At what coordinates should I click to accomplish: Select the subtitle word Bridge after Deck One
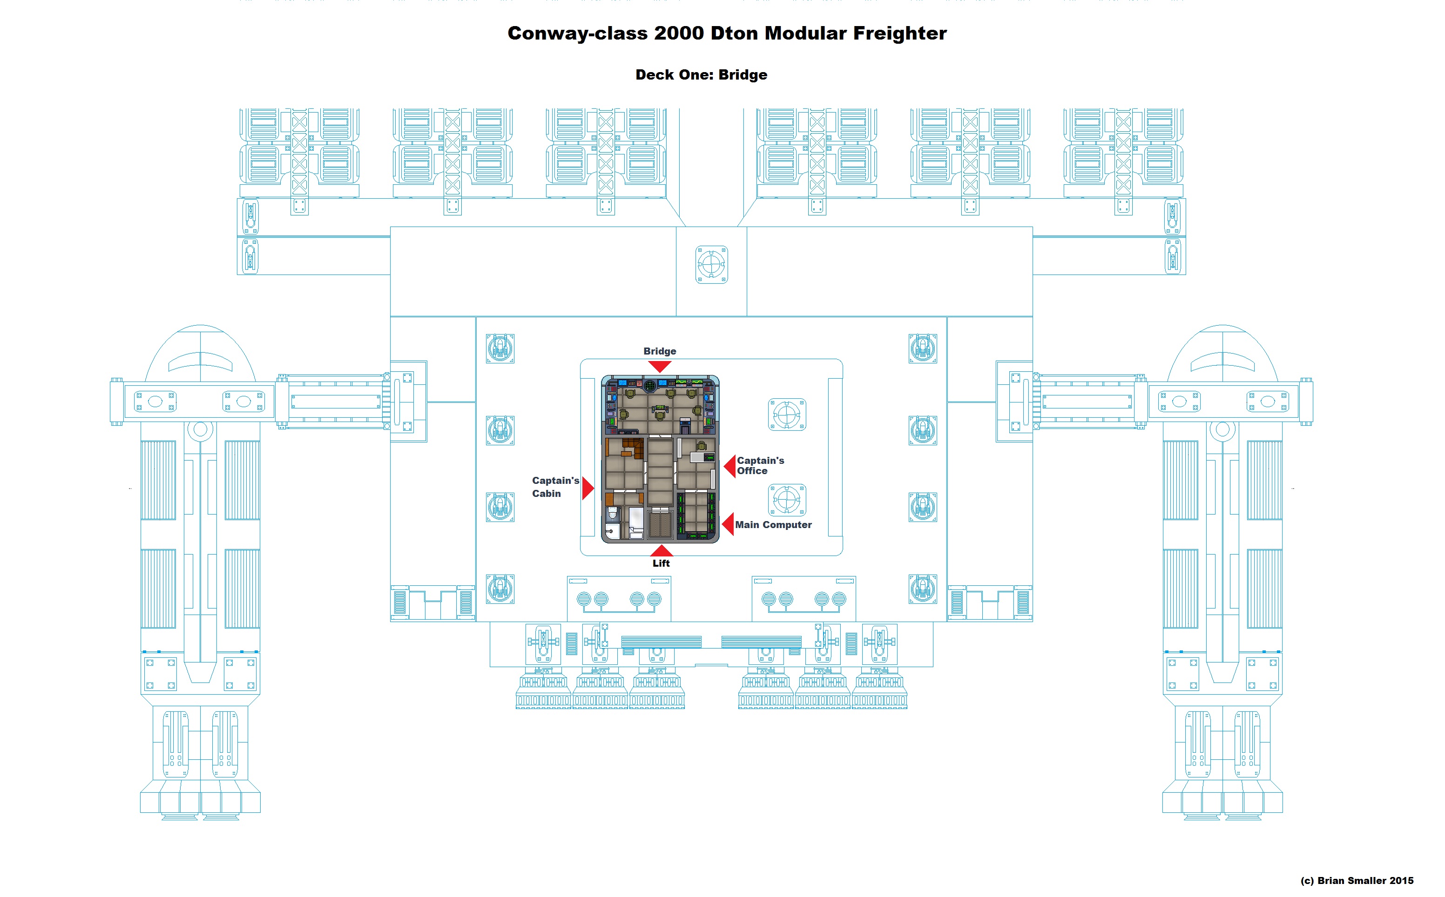[743, 75]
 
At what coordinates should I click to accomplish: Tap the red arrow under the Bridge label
[659, 366]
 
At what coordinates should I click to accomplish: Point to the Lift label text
[661, 563]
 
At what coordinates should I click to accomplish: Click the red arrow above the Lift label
[661, 550]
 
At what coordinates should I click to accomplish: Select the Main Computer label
[773, 524]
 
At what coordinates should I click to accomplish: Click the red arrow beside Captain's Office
[730, 466]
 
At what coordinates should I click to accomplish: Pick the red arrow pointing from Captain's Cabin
[587, 488]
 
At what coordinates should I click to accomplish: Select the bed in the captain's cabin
[635, 522]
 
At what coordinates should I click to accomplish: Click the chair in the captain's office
[702, 446]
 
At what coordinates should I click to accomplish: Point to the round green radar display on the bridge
[650, 386]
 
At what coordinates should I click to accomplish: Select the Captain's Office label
[760, 465]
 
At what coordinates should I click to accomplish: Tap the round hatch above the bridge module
[711, 264]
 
